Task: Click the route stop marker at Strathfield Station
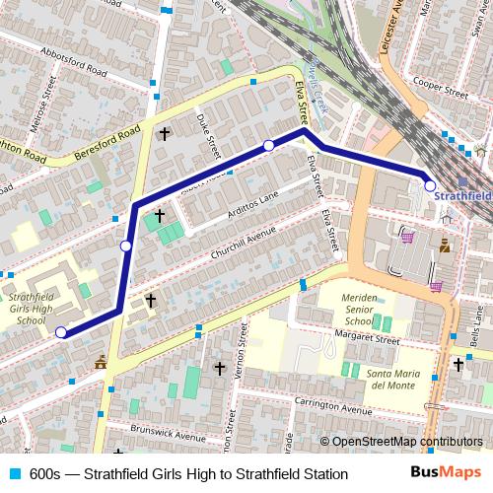(430, 184)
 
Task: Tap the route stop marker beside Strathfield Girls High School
(61, 332)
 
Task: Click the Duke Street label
(209, 135)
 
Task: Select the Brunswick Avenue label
(171, 436)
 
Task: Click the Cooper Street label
(441, 87)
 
